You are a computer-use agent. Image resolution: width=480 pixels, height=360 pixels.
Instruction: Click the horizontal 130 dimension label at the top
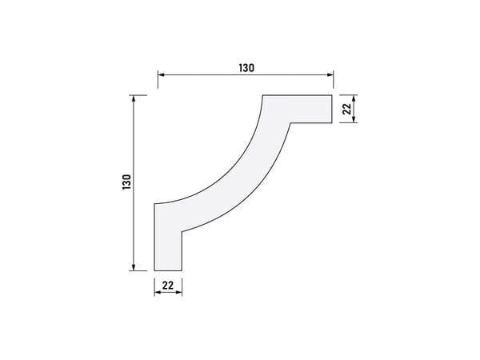246,68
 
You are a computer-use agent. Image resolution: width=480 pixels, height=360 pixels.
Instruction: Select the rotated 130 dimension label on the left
126,182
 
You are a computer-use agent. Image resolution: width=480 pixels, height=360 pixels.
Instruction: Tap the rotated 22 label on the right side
346,109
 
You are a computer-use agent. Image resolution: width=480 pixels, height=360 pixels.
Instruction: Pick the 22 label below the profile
168,286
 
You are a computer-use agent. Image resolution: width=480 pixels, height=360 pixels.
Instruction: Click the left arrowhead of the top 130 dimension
162,74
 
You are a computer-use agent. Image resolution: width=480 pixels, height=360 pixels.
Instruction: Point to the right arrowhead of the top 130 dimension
330,74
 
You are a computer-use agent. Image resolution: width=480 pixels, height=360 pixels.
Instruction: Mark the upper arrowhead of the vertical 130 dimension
133,98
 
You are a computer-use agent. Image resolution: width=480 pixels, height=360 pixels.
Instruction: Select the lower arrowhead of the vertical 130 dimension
133,267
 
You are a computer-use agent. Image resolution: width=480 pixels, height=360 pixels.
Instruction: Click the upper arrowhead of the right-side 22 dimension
354,98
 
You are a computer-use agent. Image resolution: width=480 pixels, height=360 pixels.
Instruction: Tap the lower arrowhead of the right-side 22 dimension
354,119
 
